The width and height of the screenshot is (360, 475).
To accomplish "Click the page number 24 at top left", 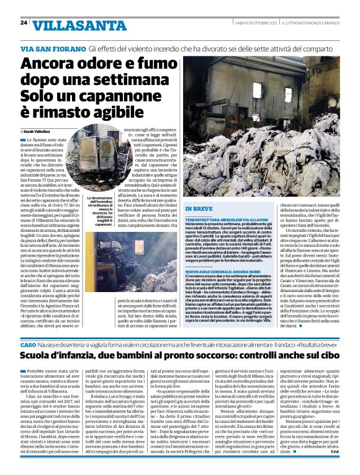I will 23,22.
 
